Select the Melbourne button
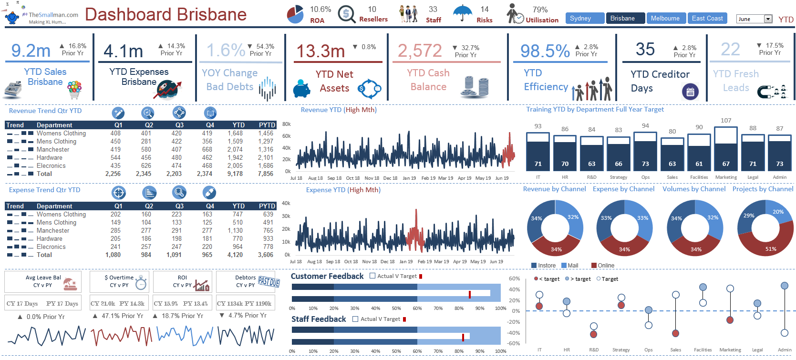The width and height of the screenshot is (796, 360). (x=665, y=19)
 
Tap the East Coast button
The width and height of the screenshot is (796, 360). (x=707, y=19)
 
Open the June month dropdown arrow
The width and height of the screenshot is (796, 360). (x=768, y=19)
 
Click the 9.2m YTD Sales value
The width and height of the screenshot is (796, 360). (x=31, y=51)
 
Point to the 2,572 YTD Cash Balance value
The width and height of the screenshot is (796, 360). (x=420, y=51)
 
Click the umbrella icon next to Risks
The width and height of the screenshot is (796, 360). (x=462, y=13)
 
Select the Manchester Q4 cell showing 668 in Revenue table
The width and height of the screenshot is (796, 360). (x=207, y=150)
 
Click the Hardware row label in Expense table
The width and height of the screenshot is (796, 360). (x=49, y=239)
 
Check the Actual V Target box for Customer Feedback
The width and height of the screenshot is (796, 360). (x=372, y=276)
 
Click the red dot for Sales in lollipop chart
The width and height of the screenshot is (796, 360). (x=675, y=333)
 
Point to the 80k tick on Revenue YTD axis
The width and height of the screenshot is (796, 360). (x=287, y=124)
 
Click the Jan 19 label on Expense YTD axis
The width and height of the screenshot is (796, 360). (x=406, y=261)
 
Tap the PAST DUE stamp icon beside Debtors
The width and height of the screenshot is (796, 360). (x=269, y=282)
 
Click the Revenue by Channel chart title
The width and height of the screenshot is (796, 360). (x=554, y=189)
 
